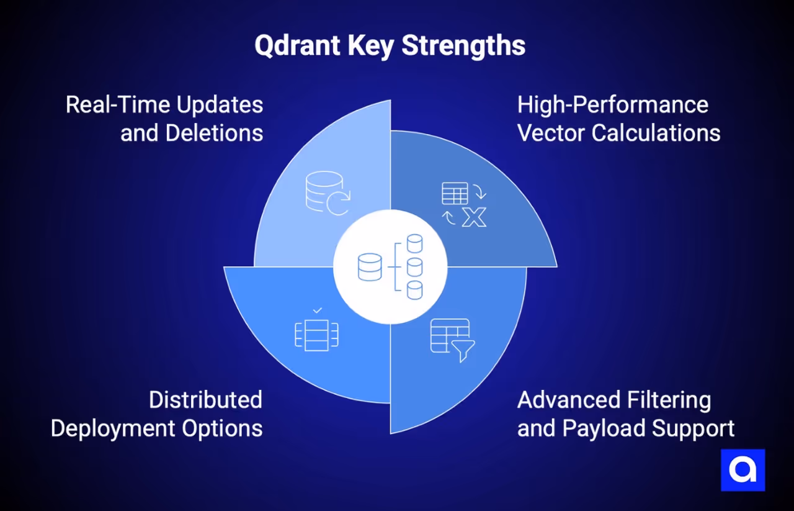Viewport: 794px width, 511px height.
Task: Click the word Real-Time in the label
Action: click(118, 104)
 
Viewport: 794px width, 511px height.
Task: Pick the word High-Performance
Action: click(613, 104)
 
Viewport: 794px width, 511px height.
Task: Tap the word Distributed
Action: click(205, 399)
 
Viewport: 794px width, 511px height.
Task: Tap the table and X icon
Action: click(464, 204)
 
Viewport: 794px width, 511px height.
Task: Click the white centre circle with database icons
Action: click(390, 267)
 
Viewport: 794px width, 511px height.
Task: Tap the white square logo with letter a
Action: click(743, 470)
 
